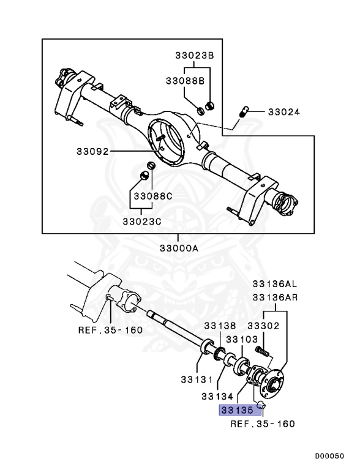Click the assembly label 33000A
click(179, 249)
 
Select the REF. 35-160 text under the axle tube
click(110, 330)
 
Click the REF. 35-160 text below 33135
click(263, 423)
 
